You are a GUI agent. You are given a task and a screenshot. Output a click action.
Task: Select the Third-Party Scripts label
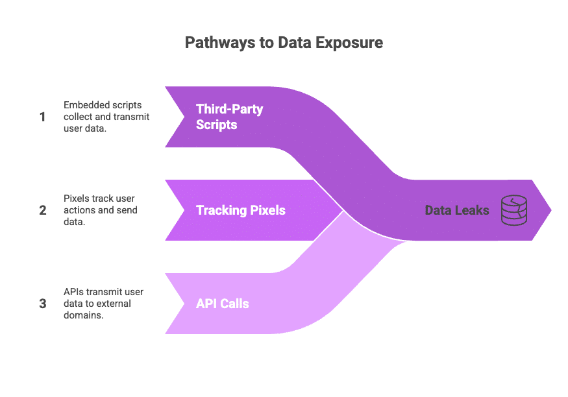(229, 117)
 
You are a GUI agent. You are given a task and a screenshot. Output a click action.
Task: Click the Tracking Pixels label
(241, 210)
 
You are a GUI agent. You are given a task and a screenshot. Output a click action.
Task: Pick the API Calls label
(223, 304)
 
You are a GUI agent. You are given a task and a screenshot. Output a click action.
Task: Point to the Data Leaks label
(457, 210)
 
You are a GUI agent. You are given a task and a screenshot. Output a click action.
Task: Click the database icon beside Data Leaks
(513, 210)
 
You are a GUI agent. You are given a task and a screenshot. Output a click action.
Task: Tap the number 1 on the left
(43, 117)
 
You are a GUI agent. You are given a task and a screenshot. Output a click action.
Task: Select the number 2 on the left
(43, 210)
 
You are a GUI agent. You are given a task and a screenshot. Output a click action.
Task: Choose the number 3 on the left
(43, 304)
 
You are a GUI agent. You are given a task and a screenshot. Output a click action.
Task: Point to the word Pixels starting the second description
(75, 198)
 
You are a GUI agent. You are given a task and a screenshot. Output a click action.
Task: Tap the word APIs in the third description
(73, 292)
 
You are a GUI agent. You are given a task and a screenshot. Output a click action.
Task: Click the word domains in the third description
(82, 315)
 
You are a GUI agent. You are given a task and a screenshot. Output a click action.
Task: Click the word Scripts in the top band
(217, 125)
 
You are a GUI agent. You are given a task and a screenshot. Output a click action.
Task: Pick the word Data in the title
(297, 43)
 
